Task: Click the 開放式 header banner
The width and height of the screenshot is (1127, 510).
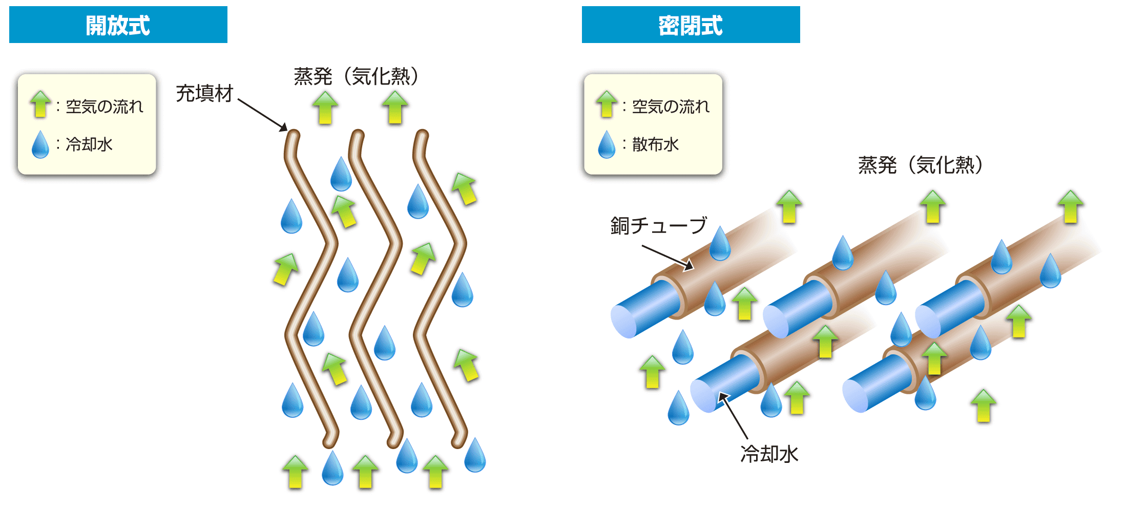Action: [x=118, y=25]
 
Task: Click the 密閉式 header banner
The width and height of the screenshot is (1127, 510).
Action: [x=691, y=25]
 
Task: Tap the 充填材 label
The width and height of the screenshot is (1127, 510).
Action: [x=204, y=94]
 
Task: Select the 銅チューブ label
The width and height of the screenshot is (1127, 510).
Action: [x=659, y=225]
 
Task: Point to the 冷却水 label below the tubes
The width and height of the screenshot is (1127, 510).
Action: [x=769, y=454]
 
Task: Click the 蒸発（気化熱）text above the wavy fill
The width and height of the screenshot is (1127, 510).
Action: [x=356, y=76]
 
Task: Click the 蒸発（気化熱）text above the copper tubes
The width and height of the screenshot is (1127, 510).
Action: [x=921, y=165]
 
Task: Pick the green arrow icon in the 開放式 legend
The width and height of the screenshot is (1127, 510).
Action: [x=40, y=104]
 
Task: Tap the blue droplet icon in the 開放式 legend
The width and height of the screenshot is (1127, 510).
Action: [x=40, y=144]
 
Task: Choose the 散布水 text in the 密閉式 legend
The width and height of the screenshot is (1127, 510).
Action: [x=655, y=144]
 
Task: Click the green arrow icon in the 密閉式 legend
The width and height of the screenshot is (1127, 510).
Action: [x=607, y=104]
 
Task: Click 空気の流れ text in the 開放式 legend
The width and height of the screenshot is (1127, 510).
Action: [x=105, y=107]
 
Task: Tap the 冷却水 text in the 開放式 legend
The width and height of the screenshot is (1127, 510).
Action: [x=89, y=144]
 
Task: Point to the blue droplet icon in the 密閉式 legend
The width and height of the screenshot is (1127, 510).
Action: [x=607, y=144]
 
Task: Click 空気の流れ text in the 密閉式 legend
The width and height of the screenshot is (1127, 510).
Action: [x=671, y=107]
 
